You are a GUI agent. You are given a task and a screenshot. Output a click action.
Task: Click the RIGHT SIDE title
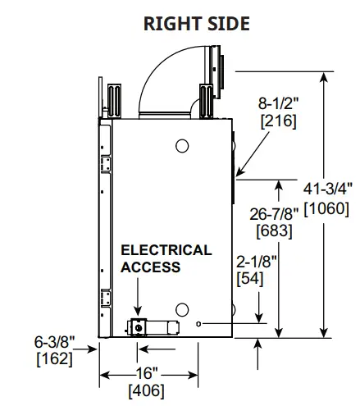196,23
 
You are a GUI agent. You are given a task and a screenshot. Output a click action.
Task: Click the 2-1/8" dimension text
255,262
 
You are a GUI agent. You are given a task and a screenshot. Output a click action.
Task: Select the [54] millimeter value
251,279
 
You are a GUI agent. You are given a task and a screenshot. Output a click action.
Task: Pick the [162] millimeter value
54,358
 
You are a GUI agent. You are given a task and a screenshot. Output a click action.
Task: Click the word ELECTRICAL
166,250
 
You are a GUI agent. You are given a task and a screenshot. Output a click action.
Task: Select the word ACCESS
151,267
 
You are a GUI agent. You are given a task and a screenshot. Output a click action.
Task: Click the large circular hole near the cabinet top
183,146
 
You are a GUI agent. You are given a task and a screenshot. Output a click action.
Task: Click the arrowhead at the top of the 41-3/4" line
326,77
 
